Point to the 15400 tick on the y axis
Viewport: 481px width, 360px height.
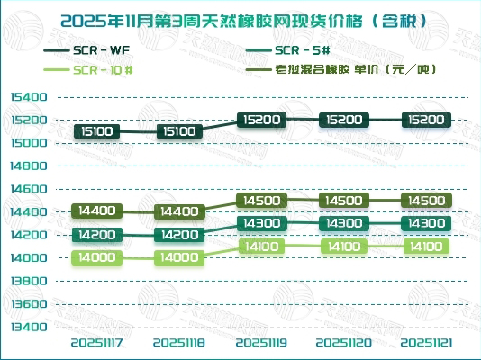coord(30,96)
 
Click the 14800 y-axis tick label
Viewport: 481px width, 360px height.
coord(30,166)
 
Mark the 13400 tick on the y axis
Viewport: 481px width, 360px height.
coord(30,327)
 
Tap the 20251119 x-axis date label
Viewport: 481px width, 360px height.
coord(261,343)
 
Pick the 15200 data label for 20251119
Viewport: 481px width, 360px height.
coord(261,120)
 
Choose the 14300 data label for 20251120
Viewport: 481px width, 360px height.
coord(343,223)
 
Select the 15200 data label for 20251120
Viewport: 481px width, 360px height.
coord(343,120)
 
